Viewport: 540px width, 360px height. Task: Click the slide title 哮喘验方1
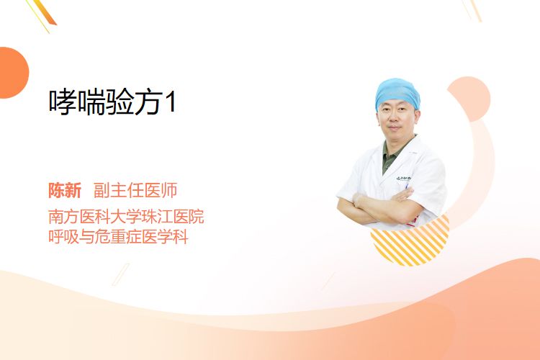click(112, 102)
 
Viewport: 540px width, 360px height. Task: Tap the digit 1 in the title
click(171, 102)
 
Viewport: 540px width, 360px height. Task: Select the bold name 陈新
click(65, 190)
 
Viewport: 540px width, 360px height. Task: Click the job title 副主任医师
click(135, 190)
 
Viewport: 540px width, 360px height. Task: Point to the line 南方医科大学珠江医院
click(126, 217)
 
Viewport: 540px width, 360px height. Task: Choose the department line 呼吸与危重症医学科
click(118, 237)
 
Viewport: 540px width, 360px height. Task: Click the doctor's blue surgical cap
click(397, 92)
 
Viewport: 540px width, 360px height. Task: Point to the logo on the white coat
click(403, 179)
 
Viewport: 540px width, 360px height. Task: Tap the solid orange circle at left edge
click(13, 73)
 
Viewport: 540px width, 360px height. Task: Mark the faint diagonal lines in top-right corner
click(472, 10)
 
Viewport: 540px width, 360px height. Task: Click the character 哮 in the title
click(63, 102)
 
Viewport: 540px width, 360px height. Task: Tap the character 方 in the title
click(148, 102)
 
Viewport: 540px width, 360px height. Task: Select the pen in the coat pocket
click(407, 186)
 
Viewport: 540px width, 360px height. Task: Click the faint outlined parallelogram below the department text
click(121, 274)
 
